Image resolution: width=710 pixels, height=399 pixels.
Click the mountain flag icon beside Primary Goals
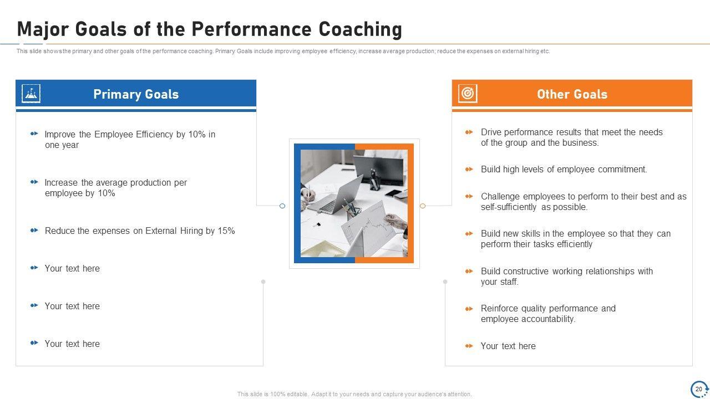[x=31, y=94]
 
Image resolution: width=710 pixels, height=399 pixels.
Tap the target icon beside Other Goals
[x=468, y=94]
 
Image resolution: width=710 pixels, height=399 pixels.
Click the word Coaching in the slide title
[x=360, y=29]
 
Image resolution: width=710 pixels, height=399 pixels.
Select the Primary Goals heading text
[x=136, y=94]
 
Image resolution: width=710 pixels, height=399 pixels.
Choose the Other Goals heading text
[x=572, y=94]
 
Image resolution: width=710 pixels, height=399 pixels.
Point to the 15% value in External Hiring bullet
[x=226, y=231]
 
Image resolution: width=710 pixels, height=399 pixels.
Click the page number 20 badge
[x=699, y=389]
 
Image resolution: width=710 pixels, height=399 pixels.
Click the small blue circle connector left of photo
[x=282, y=206]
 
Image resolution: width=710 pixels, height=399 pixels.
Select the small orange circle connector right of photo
[x=423, y=206]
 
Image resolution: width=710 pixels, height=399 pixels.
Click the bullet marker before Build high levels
[x=469, y=170]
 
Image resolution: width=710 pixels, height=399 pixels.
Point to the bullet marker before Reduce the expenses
[x=34, y=230]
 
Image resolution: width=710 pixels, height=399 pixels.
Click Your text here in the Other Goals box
[x=508, y=346]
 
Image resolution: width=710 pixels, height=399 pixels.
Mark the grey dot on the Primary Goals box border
[x=263, y=282]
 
